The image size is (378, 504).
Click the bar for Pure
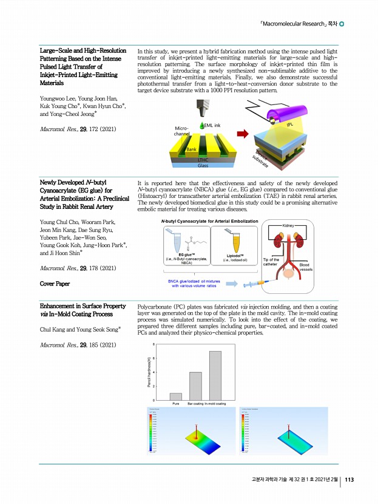pyautogui.click(x=176, y=397)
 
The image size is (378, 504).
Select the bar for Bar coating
pyautogui.click(x=195, y=386)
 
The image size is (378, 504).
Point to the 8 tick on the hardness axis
pyautogui.click(x=154, y=344)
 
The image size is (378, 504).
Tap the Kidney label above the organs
pyautogui.click(x=289, y=225)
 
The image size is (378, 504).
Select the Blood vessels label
pyautogui.click(x=305, y=267)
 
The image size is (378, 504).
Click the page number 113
pyautogui.click(x=349, y=480)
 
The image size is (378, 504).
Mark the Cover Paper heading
pyautogui.click(x=55, y=284)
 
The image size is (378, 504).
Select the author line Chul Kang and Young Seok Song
pyautogui.click(x=80, y=330)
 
